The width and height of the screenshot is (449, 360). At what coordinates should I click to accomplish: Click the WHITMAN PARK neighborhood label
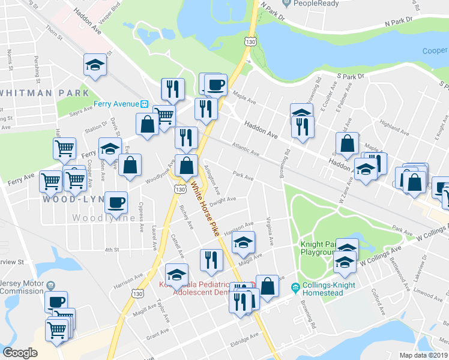(x=44, y=93)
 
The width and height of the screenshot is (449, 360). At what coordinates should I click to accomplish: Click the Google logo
(x=20, y=353)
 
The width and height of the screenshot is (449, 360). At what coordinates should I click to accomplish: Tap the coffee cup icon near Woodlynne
(x=116, y=202)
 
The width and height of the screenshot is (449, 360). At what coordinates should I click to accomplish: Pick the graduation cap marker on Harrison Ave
(x=243, y=243)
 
